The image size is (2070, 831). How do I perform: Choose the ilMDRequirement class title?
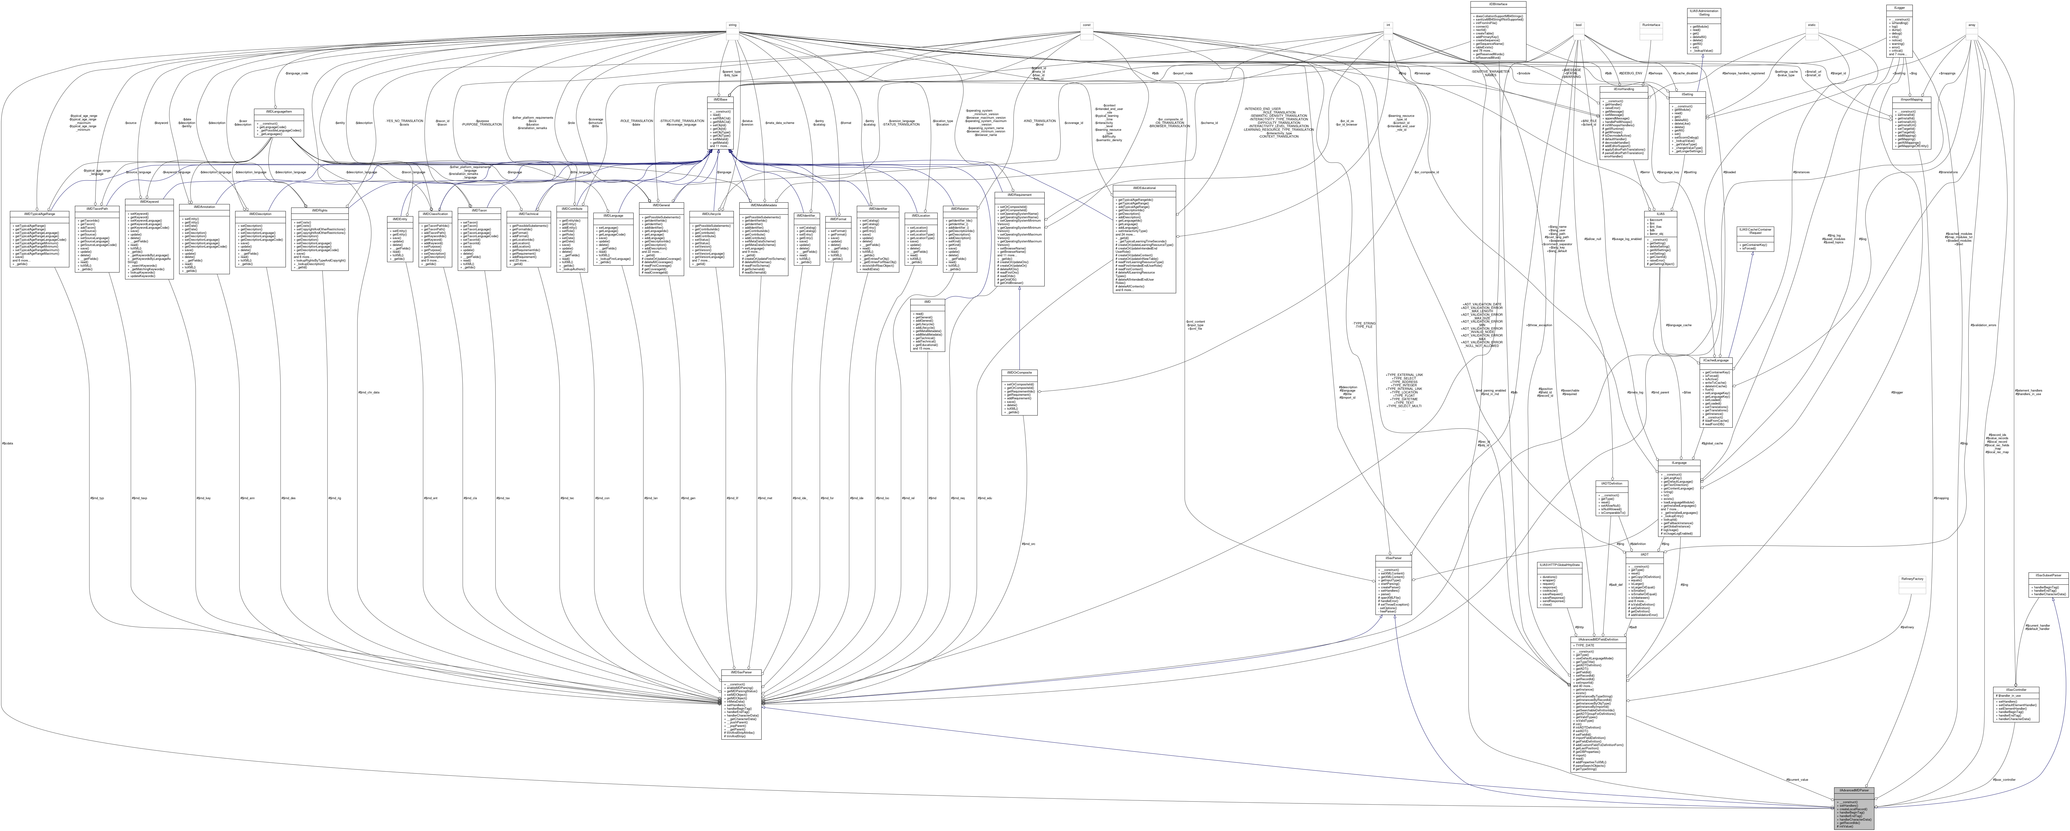tap(1019, 194)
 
